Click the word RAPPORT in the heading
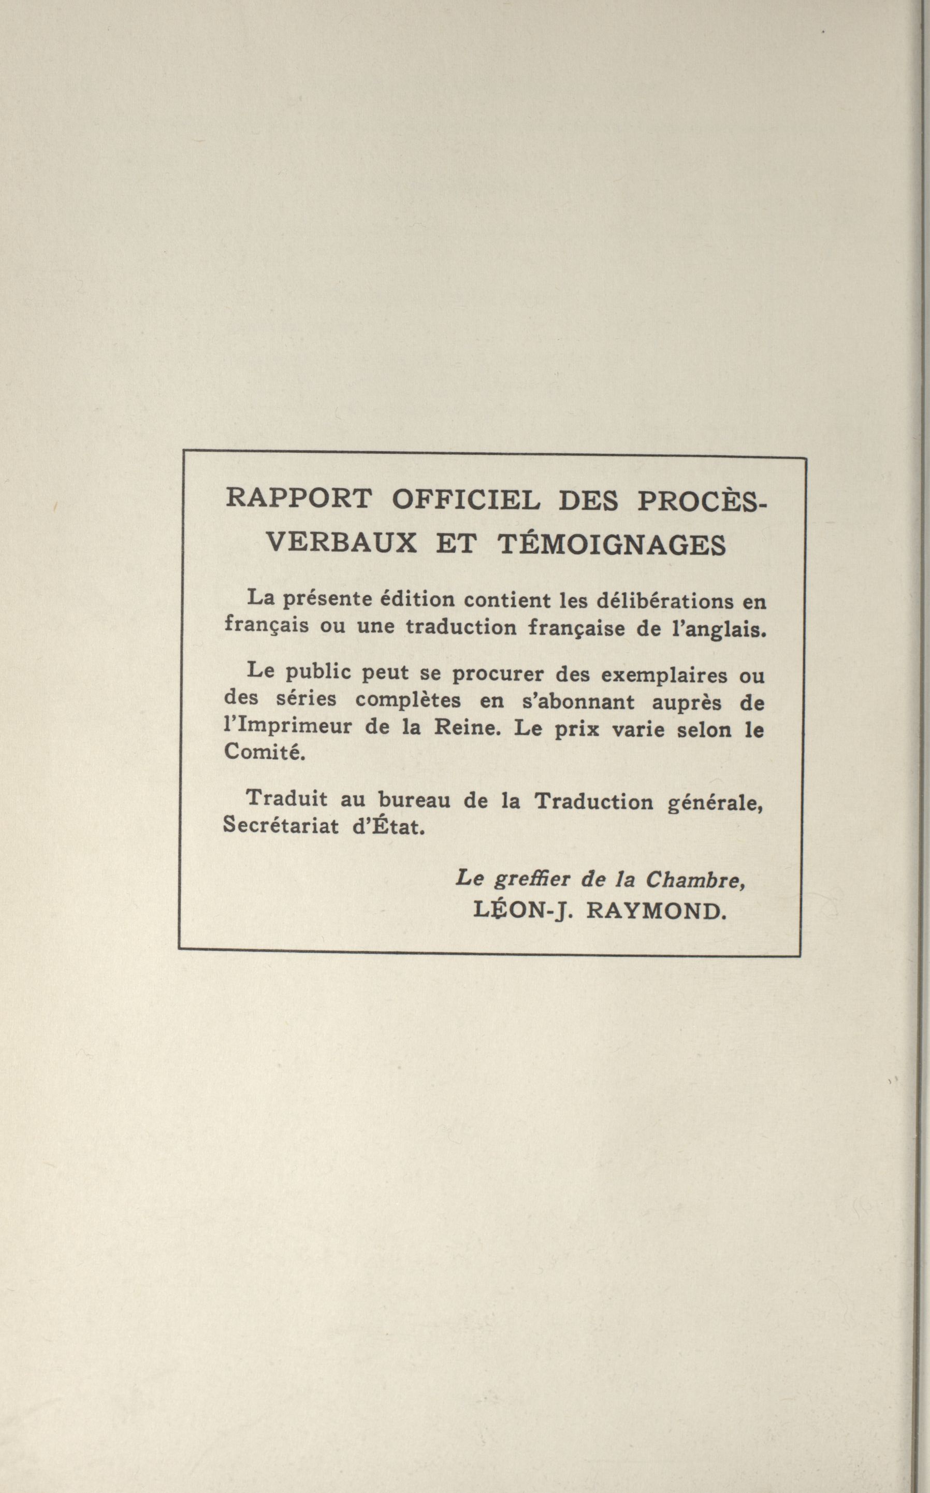pyautogui.click(x=299, y=498)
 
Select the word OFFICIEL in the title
pyautogui.click(x=466, y=499)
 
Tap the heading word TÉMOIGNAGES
pyautogui.click(x=612, y=545)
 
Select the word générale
pyautogui.click(x=715, y=803)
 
